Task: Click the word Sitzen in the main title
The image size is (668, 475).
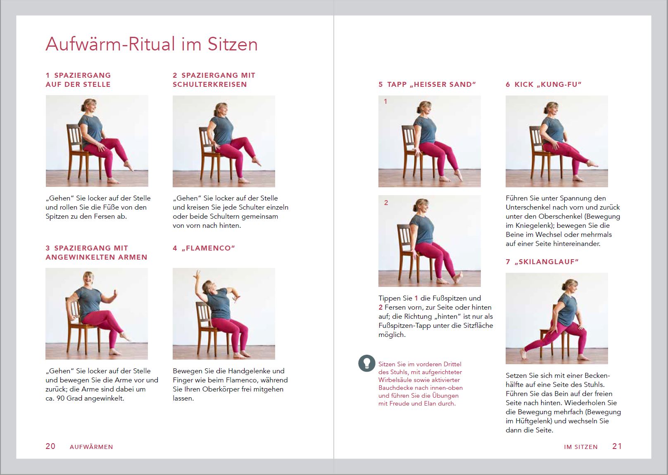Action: point(232,44)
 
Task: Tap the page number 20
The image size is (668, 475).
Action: point(50,446)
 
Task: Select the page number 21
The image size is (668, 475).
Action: point(617,446)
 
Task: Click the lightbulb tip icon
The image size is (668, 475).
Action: point(366,363)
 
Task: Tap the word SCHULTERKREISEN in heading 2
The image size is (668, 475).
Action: point(209,84)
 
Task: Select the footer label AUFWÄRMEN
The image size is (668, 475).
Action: point(91,446)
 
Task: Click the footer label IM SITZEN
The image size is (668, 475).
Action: point(580,446)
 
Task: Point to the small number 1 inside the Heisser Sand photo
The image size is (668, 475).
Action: point(385,101)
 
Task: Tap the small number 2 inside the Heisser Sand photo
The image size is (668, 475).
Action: point(386,203)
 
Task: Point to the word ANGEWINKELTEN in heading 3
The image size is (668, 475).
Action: point(81,257)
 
